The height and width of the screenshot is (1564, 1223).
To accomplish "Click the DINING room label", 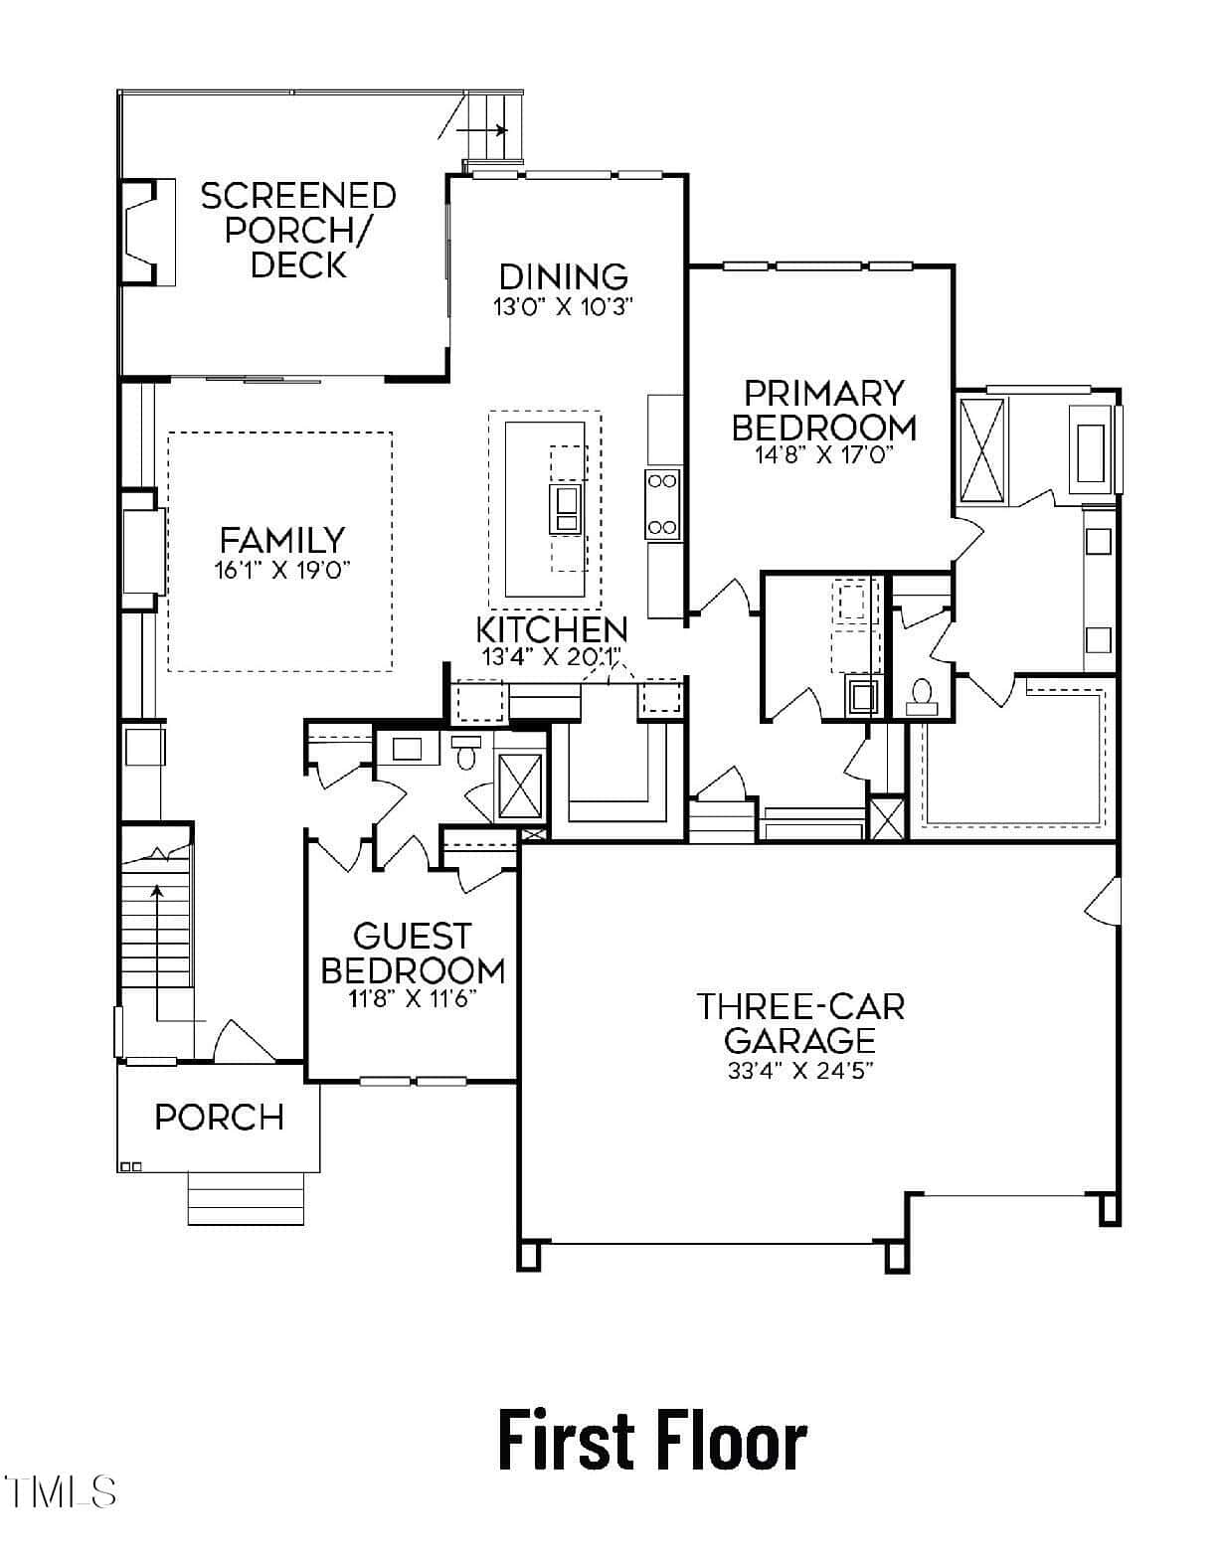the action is pos(564,277).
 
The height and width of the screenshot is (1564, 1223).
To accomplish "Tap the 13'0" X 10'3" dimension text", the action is pos(563,308).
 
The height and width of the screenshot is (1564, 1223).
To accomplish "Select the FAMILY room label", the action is pos(282,540).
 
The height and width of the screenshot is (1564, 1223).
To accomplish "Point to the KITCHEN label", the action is pos(552,629).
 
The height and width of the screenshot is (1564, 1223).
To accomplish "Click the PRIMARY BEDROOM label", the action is pos(824,411).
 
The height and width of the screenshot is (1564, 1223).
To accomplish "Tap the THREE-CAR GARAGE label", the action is pos(800,1023).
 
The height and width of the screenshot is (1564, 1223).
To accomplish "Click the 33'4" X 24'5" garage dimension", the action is pos(800,1071).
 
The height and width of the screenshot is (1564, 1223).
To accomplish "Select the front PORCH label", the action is pos(220,1117).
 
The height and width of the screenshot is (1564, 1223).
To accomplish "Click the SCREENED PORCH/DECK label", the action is pos(298,231).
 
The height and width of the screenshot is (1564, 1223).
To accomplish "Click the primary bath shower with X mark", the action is pos(982,448).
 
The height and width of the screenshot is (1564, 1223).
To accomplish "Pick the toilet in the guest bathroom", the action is pos(466,752).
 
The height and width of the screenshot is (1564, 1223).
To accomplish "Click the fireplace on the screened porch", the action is pos(147,233).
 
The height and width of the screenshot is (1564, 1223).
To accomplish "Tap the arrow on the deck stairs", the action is pos(482,130).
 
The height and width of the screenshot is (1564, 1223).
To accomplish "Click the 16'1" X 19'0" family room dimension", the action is pos(282,571).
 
